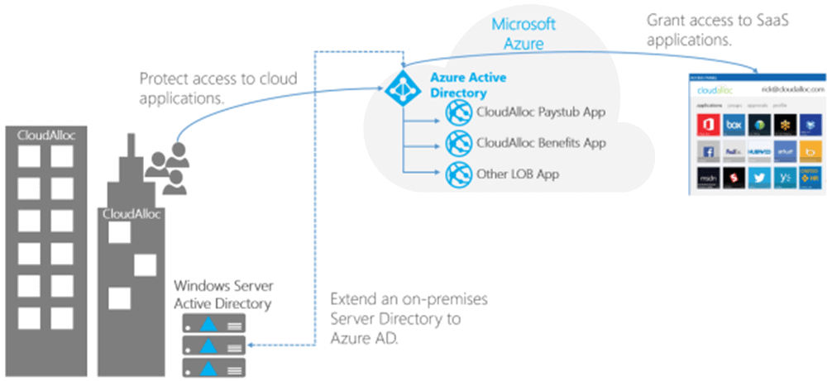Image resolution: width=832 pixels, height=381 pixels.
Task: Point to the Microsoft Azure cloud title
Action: pos(524,33)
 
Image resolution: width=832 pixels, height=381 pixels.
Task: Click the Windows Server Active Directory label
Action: pos(223,293)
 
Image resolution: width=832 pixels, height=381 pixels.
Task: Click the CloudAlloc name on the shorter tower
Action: pos(131,213)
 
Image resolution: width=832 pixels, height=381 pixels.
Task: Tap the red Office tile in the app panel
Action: pos(707,126)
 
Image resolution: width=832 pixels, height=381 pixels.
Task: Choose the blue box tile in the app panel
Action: pos(733,126)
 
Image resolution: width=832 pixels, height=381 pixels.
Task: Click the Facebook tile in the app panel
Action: pos(707,153)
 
